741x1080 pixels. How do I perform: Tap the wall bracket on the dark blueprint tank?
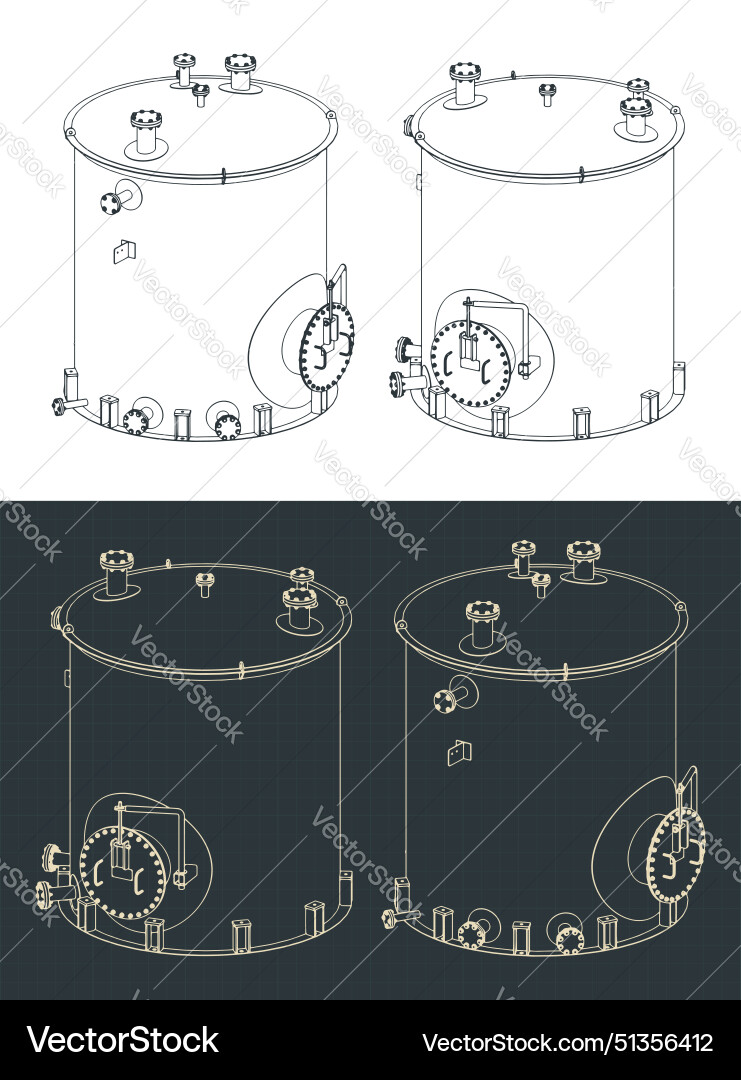point(459,751)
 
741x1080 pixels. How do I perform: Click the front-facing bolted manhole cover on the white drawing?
point(470,361)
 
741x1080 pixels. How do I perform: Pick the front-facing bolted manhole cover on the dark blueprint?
point(121,873)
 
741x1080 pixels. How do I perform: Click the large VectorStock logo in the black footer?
point(123,1040)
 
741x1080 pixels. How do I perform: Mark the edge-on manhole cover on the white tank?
point(327,347)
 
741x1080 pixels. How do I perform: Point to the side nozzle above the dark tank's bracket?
point(447,698)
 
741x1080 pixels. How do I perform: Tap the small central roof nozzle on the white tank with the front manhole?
point(546,94)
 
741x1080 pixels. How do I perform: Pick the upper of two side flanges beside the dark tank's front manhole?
point(52,857)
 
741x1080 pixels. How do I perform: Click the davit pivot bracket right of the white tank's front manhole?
point(524,369)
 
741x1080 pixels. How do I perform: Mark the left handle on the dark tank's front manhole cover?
point(99,876)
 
